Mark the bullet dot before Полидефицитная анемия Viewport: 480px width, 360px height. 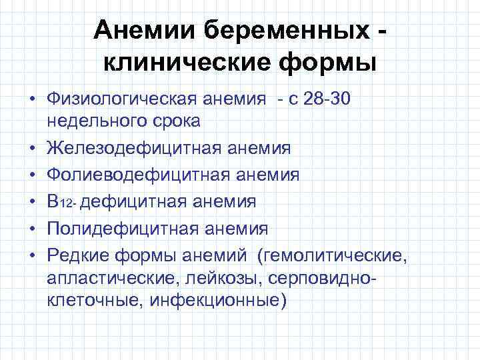click(31, 229)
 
